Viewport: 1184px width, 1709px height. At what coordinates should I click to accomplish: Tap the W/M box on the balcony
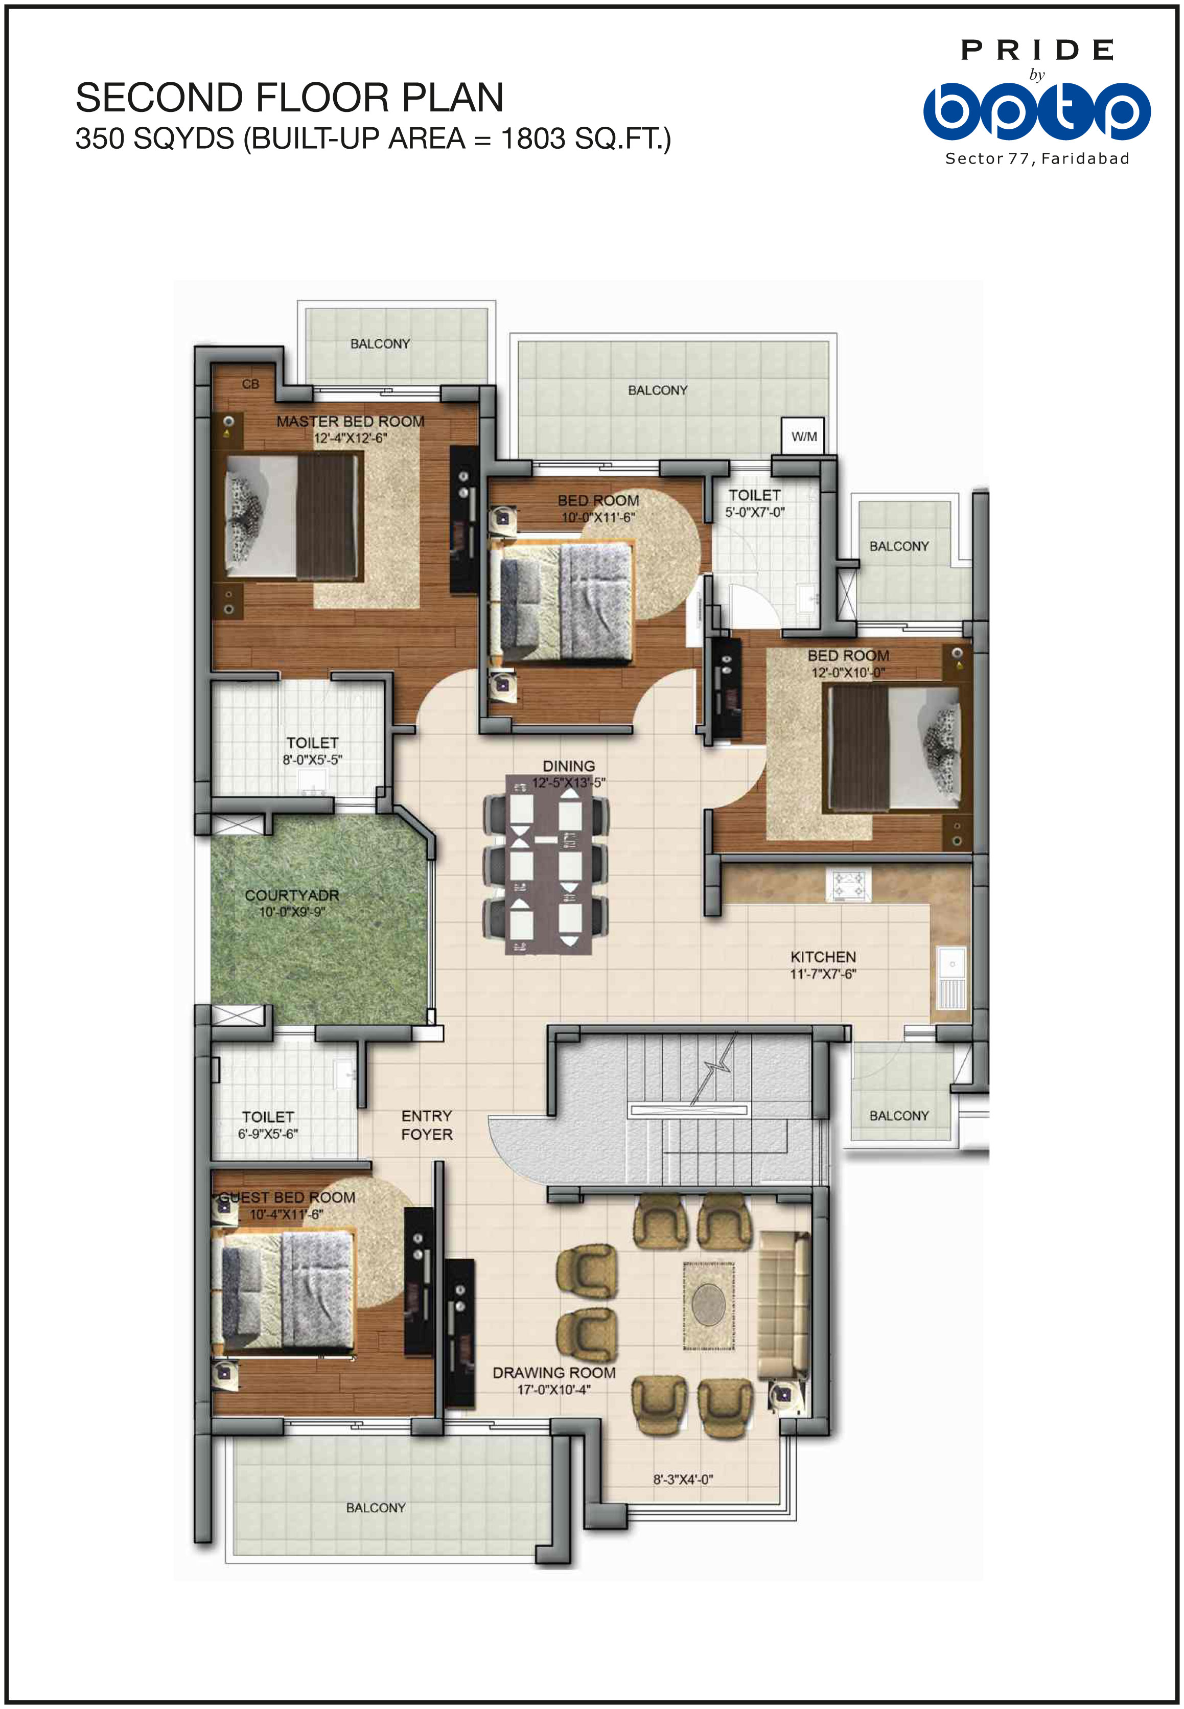click(803, 436)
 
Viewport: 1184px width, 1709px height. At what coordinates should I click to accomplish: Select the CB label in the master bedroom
click(251, 384)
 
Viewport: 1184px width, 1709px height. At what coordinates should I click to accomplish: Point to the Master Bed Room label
click(350, 421)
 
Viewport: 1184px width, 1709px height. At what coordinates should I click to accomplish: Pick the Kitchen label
click(823, 957)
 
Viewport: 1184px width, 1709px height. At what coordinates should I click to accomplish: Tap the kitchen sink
click(951, 978)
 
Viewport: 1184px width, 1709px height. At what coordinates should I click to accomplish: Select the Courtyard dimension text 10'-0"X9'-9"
click(292, 912)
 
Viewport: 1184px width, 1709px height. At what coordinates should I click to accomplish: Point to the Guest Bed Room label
click(287, 1197)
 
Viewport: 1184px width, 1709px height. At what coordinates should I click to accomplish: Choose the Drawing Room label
click(554, 1372)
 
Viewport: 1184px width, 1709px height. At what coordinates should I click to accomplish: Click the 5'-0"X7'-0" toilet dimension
click(754, 512)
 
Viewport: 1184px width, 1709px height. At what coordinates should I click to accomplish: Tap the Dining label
click(568, 766)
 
